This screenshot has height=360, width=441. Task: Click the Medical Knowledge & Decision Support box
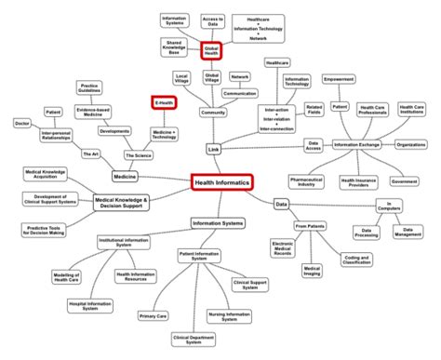tap(133, 201)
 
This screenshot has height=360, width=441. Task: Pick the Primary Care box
tap(154, 317)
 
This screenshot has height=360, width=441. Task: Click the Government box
tap(405, 180)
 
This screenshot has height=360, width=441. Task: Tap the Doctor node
tap(20, 123)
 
